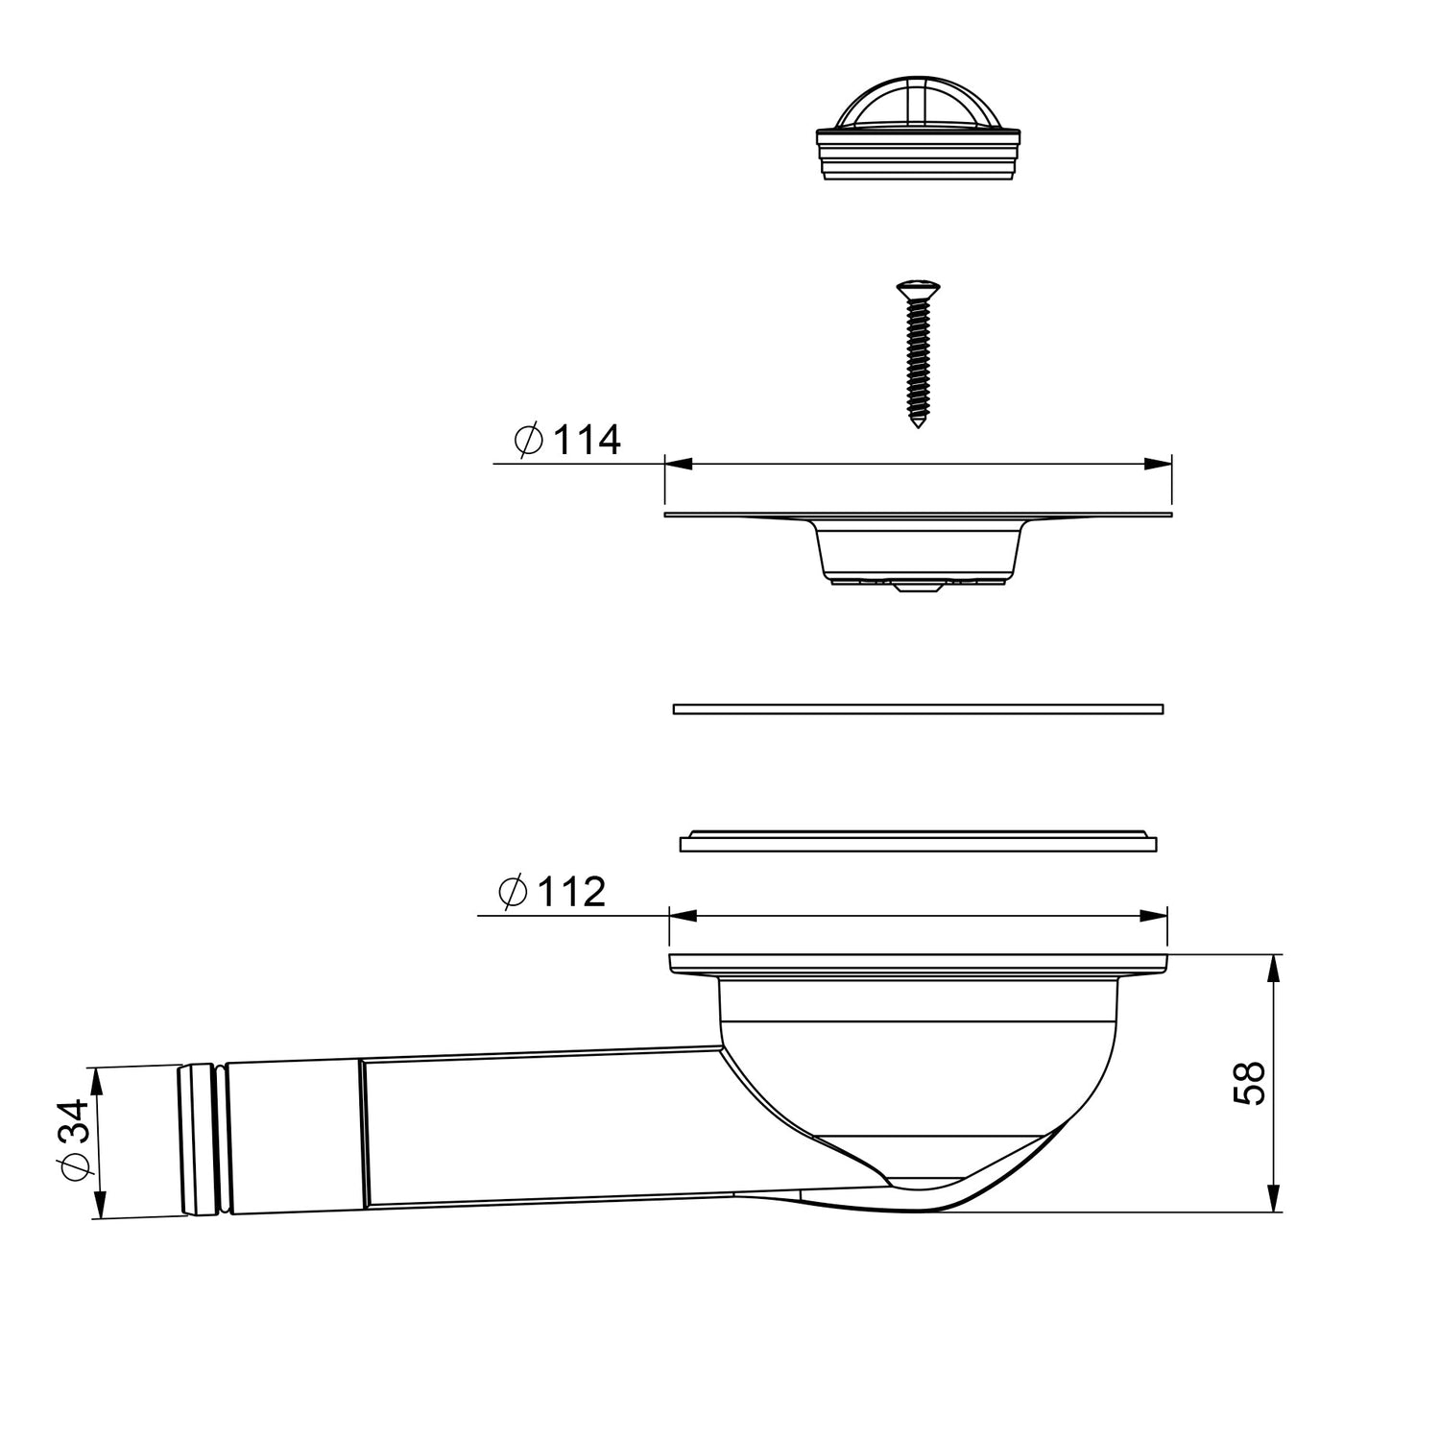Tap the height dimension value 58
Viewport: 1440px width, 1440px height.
click(x=1250, y=1084)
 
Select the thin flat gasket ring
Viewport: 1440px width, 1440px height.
click(x=919, y=709)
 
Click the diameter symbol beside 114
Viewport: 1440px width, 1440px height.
click(x=529, y=441)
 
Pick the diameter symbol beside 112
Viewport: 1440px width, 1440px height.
click(x=514, y=893)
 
